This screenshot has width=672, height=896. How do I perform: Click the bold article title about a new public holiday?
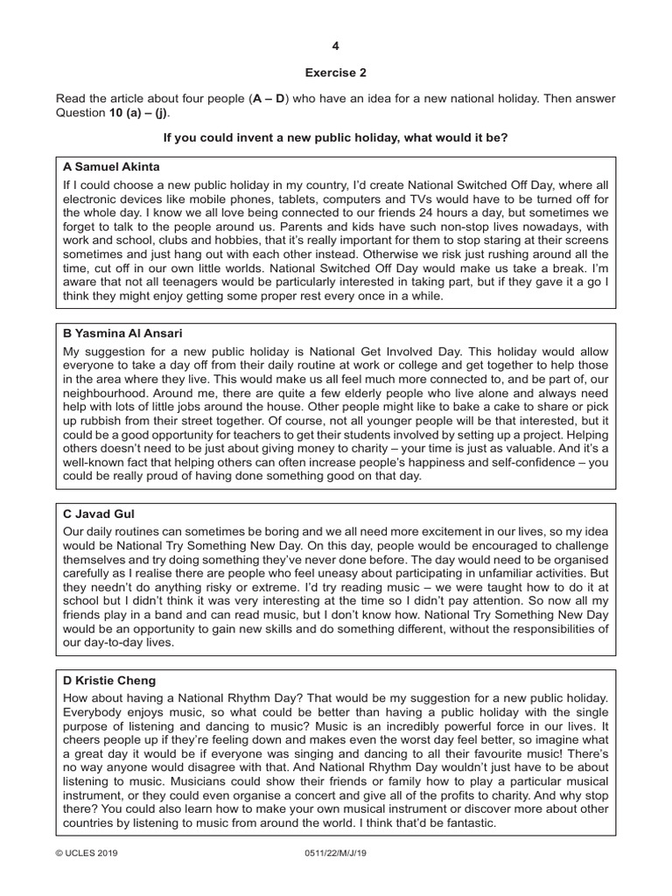click(x=336, y=138)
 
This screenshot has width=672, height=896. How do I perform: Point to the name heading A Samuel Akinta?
click(x=111, y=166)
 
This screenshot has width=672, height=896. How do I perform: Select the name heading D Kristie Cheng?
click(x=109, y=680)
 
